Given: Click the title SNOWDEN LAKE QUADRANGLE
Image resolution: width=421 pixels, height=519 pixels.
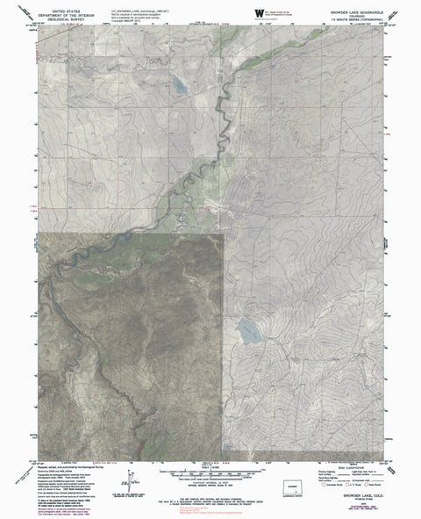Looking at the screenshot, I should tap(347, 8).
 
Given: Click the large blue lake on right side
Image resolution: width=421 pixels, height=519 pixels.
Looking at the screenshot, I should tap(248, 332).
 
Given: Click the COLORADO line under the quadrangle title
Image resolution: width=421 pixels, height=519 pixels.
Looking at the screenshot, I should tap(347, 12).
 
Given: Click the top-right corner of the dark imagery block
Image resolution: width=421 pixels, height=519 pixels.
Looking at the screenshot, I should tap(224, 234).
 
